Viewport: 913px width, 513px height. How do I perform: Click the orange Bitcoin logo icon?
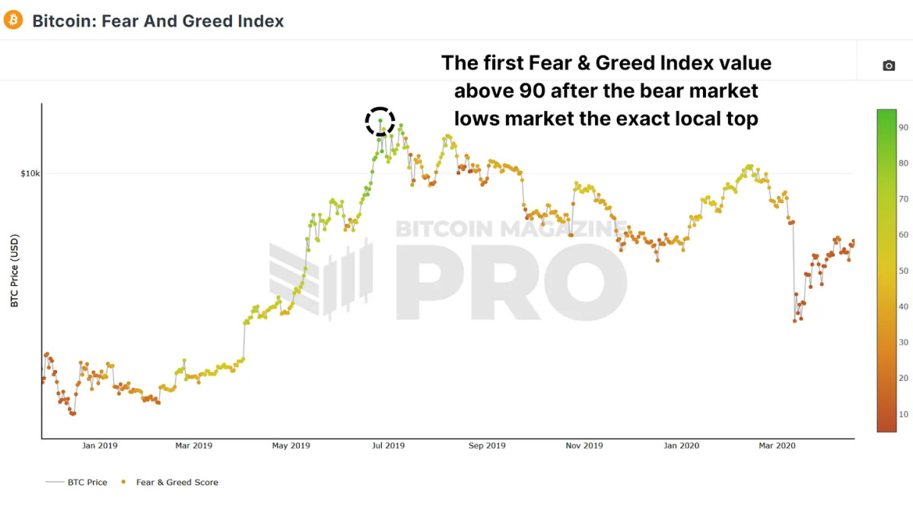[13, 21]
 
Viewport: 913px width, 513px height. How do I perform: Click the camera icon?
[889, 66]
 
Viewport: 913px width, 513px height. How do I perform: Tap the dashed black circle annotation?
[380, 122]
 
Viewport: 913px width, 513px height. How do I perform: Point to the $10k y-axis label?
[30, 174]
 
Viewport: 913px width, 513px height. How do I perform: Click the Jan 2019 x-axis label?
[100, 445]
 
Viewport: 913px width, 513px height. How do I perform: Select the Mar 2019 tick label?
[193, 445]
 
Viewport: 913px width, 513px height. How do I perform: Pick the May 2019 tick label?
[291, 445]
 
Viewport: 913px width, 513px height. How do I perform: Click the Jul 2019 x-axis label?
[388, 445]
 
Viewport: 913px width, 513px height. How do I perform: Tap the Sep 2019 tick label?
[486, 445]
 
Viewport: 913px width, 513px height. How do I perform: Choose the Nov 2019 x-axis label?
[584, 445]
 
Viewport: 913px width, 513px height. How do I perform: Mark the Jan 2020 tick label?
[681, 445]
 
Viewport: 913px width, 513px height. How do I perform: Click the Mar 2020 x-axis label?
[776, 445]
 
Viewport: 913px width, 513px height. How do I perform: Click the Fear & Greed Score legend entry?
[177, 482]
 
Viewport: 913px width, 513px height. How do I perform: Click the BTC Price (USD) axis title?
[14, 271]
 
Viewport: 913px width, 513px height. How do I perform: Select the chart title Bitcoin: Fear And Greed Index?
[157, 21]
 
